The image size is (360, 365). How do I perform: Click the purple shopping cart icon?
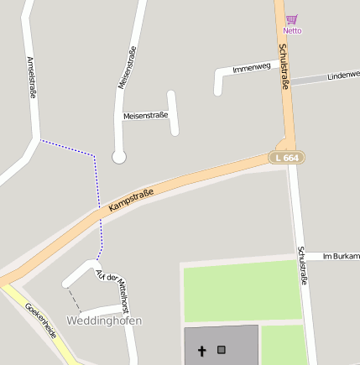291,19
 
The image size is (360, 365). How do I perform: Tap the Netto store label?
292,31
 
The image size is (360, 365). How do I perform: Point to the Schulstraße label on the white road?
302,265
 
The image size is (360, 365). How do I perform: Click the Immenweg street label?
252,67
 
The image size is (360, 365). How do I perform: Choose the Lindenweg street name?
343,76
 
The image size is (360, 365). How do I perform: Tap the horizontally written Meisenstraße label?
145,115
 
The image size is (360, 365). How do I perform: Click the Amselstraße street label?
32,78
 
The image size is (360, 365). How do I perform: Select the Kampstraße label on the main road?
131,200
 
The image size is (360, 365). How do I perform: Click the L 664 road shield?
286,158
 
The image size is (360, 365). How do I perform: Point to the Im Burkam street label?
340,256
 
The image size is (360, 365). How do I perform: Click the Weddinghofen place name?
104,321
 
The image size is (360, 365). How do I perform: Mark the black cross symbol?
201,350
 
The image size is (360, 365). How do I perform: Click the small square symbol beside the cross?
222,349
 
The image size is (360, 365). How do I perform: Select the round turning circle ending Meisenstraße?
119,157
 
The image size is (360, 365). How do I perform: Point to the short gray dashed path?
75,300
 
